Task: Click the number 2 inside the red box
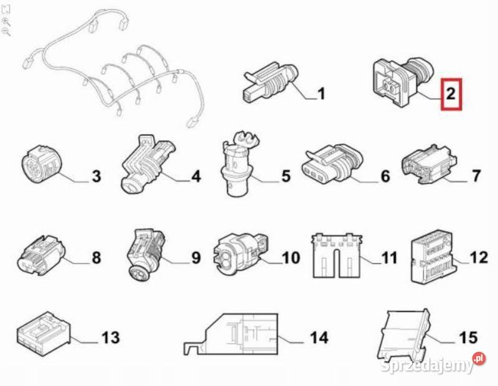click(451, 94)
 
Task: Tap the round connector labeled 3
click(42, 165)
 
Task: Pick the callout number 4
click(196, 177)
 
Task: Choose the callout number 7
click(476, 176)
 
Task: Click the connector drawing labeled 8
click(41, 255)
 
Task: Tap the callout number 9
click(196, 257)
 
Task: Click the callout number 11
click(389, 257)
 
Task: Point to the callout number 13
click(111, 338)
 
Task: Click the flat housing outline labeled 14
click(231, 334)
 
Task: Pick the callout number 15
click(468, 338)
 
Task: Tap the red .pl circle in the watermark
click(479, 359)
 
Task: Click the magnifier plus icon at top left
click(6, 22)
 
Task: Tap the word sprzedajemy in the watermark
click(427, 366)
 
